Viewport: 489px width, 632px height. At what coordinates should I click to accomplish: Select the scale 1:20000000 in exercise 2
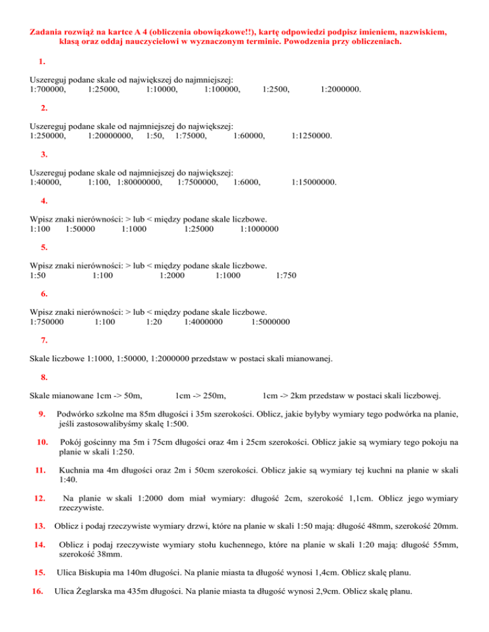coord(110,135)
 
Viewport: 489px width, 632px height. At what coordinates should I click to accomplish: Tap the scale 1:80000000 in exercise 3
coord(139,182)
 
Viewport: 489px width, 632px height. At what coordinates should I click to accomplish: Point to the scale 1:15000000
coord(314,182)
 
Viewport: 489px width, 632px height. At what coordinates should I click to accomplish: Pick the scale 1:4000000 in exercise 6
coord(203,321)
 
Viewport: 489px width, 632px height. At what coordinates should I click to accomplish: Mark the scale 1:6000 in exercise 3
coord(247,182)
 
